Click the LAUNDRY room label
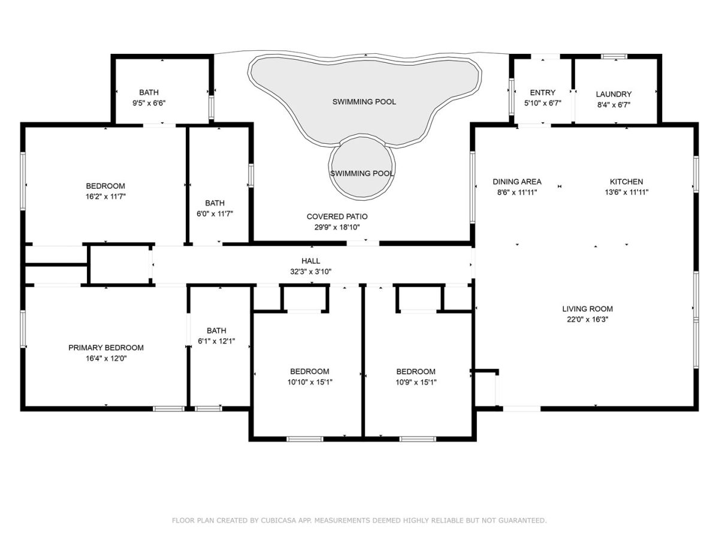(x=614, y=94)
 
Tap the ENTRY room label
(x=542, y=93)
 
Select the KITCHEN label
(x=626, y=181)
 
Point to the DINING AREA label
(x=517, y=181)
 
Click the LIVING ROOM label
(x=587, y=308)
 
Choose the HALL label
(x=310, y=261)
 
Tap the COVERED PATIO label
(x=337, y=216)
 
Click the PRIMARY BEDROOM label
(x=106, y=347)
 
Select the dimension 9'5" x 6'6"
(x=149, y=104)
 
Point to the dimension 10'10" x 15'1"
(x=310, y=382)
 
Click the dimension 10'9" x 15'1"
(x=416, y=382)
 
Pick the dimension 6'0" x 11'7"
(x=215, y=214)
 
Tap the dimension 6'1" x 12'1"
(x=216, y=341)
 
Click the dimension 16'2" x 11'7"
(x=105, y=196)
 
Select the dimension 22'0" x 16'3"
(x=587, y=319)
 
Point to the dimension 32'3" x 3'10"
(x=310, y=272)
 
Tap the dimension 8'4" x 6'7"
(x=614, y=105)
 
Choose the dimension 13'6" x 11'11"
(x=626, y=192)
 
